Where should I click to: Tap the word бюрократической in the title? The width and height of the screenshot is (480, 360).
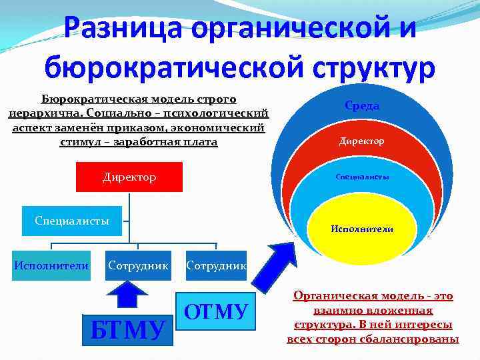point(167,67)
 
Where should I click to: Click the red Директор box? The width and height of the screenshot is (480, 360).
point(130,177)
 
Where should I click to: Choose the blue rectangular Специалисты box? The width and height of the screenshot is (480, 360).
point(72,221)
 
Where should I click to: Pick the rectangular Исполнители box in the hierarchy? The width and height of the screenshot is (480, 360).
point(51,265)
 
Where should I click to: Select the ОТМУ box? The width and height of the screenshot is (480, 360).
point(215,311)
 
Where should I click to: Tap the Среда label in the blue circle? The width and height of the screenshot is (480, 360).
point(362,106)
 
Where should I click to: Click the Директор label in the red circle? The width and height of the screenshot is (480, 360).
point(362,141)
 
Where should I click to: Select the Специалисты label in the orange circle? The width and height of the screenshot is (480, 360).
point(362,177)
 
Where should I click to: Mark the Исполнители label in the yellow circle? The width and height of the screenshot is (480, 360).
point(362,229)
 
